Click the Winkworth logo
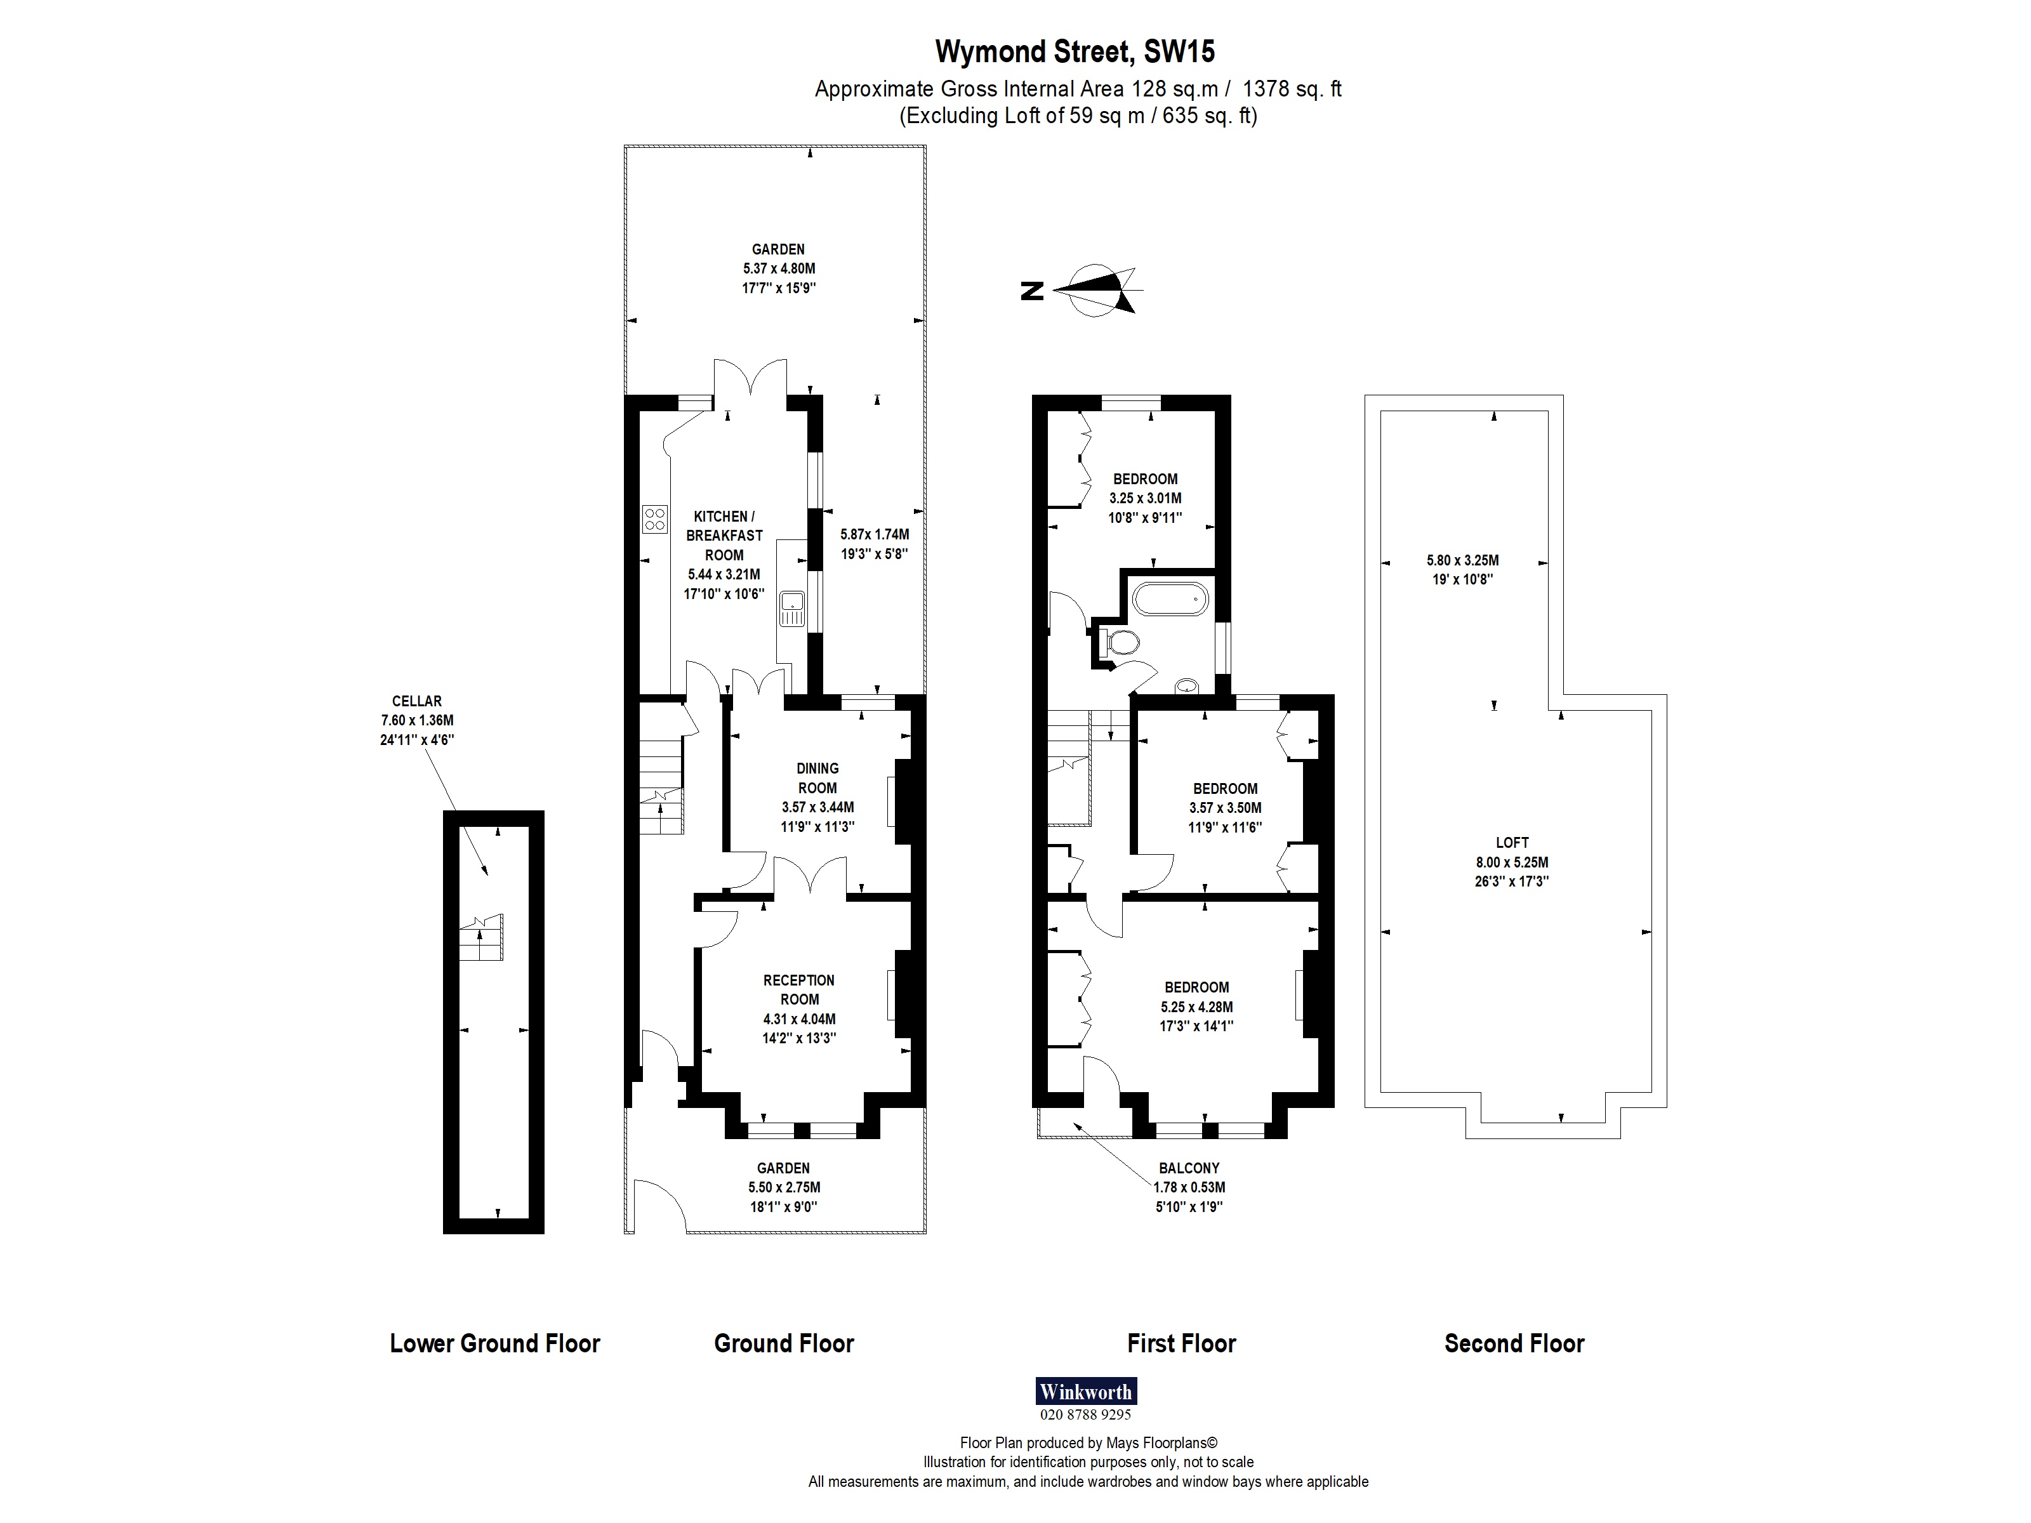click(1085, 1391)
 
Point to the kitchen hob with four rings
click(654, 520)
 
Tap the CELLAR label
click(417, 701)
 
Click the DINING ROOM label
click(817, 777)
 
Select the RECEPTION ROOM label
click(799, 989)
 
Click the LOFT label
click(1511, 842)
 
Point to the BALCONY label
click(1189, 1168)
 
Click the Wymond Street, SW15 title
click(1075, 51)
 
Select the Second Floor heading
click(1514, 1343)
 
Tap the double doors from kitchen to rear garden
click(751, 379)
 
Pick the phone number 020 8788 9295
click(1085, 1414)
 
